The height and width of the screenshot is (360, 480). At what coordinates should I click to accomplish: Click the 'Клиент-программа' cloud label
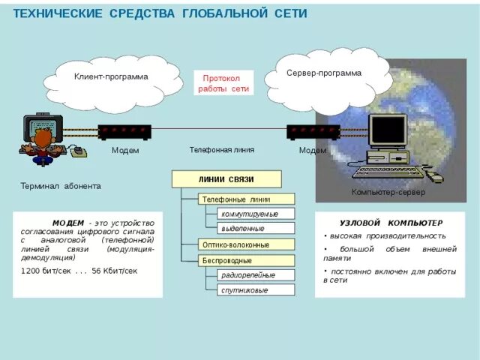[x=111, y=76]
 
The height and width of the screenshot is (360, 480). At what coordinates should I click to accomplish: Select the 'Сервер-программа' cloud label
[x=324, y=73]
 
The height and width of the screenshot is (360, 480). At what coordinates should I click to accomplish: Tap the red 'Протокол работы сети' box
[x=223, y=83]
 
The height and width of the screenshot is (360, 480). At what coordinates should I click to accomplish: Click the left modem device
[x=124, y=132]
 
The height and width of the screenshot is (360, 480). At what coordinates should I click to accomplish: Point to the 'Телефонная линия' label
[x=221, y=150]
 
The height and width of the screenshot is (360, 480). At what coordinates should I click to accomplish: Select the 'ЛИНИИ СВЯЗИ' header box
[x=226, y=179]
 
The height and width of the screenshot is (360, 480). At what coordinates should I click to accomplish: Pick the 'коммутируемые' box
[x=250, y=214]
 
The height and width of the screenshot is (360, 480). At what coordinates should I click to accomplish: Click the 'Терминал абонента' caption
[x=60, y=186]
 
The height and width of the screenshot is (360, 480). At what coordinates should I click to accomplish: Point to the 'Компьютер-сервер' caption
[x=388, y=193]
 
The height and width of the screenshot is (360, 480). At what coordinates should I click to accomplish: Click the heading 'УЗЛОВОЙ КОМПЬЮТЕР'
[x=391, y=223]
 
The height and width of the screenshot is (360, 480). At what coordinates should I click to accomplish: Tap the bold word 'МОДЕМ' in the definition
[x=68, y=223]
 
